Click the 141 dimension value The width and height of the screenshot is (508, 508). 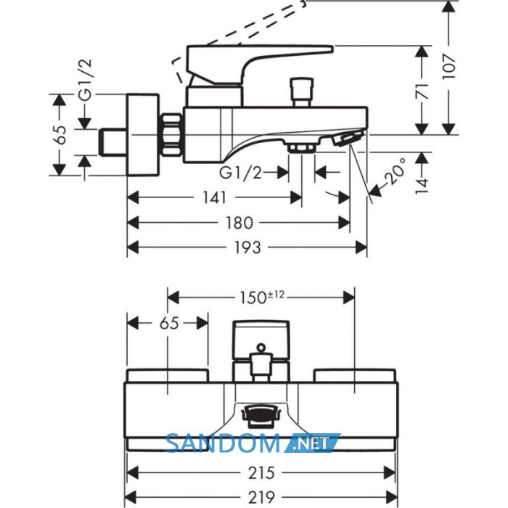coord(214,197)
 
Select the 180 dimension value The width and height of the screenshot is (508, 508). coord(239,223)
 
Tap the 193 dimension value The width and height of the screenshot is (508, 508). coord(247,247)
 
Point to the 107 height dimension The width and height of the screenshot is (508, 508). coord(449,67)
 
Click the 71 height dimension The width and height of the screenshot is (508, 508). coord(422,91)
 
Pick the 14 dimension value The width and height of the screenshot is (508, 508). coord(422,186)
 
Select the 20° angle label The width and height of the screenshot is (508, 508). coord(396,171)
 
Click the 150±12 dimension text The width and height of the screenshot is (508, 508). coord(262,298)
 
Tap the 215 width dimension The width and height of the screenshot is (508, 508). coord(261,473)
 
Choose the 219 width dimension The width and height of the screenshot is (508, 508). coord(261,497)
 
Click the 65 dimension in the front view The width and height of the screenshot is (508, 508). coord(169,324)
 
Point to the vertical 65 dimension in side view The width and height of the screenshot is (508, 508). coord(60,134)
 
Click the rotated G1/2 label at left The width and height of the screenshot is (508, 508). coord(86,80)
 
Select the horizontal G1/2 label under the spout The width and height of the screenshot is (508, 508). coord(240,173)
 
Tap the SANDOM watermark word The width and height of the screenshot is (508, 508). coord(223,443)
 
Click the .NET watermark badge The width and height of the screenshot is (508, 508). coord(312,443)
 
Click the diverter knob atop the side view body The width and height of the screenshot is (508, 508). coord(302,91)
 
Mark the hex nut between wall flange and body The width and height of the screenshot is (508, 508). coord(171,135)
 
